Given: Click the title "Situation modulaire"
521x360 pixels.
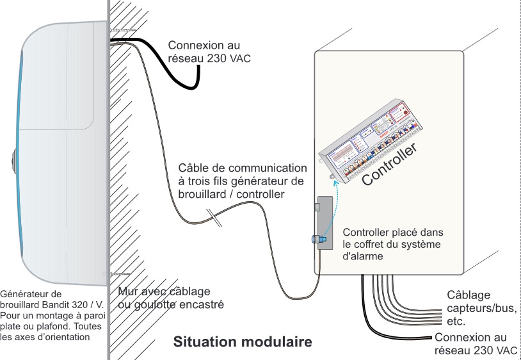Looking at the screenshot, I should coord(243,342).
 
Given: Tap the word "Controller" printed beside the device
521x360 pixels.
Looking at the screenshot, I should coord(390,165).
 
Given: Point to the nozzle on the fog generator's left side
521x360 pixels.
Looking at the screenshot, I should coord(15,158).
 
